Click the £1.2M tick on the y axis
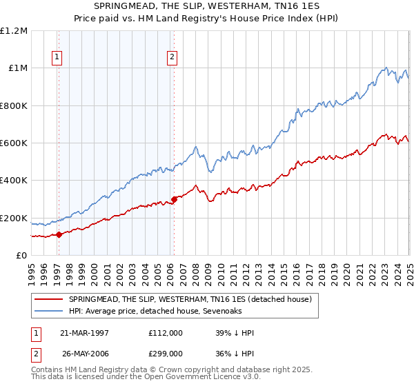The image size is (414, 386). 14,31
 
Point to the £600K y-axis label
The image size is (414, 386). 14,143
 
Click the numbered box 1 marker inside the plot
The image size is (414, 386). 57,58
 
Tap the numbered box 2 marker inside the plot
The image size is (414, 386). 171,58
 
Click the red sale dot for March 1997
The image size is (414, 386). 59,234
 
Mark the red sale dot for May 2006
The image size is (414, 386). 175,199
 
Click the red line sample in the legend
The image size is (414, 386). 48,299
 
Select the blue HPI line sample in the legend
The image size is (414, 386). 48,311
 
